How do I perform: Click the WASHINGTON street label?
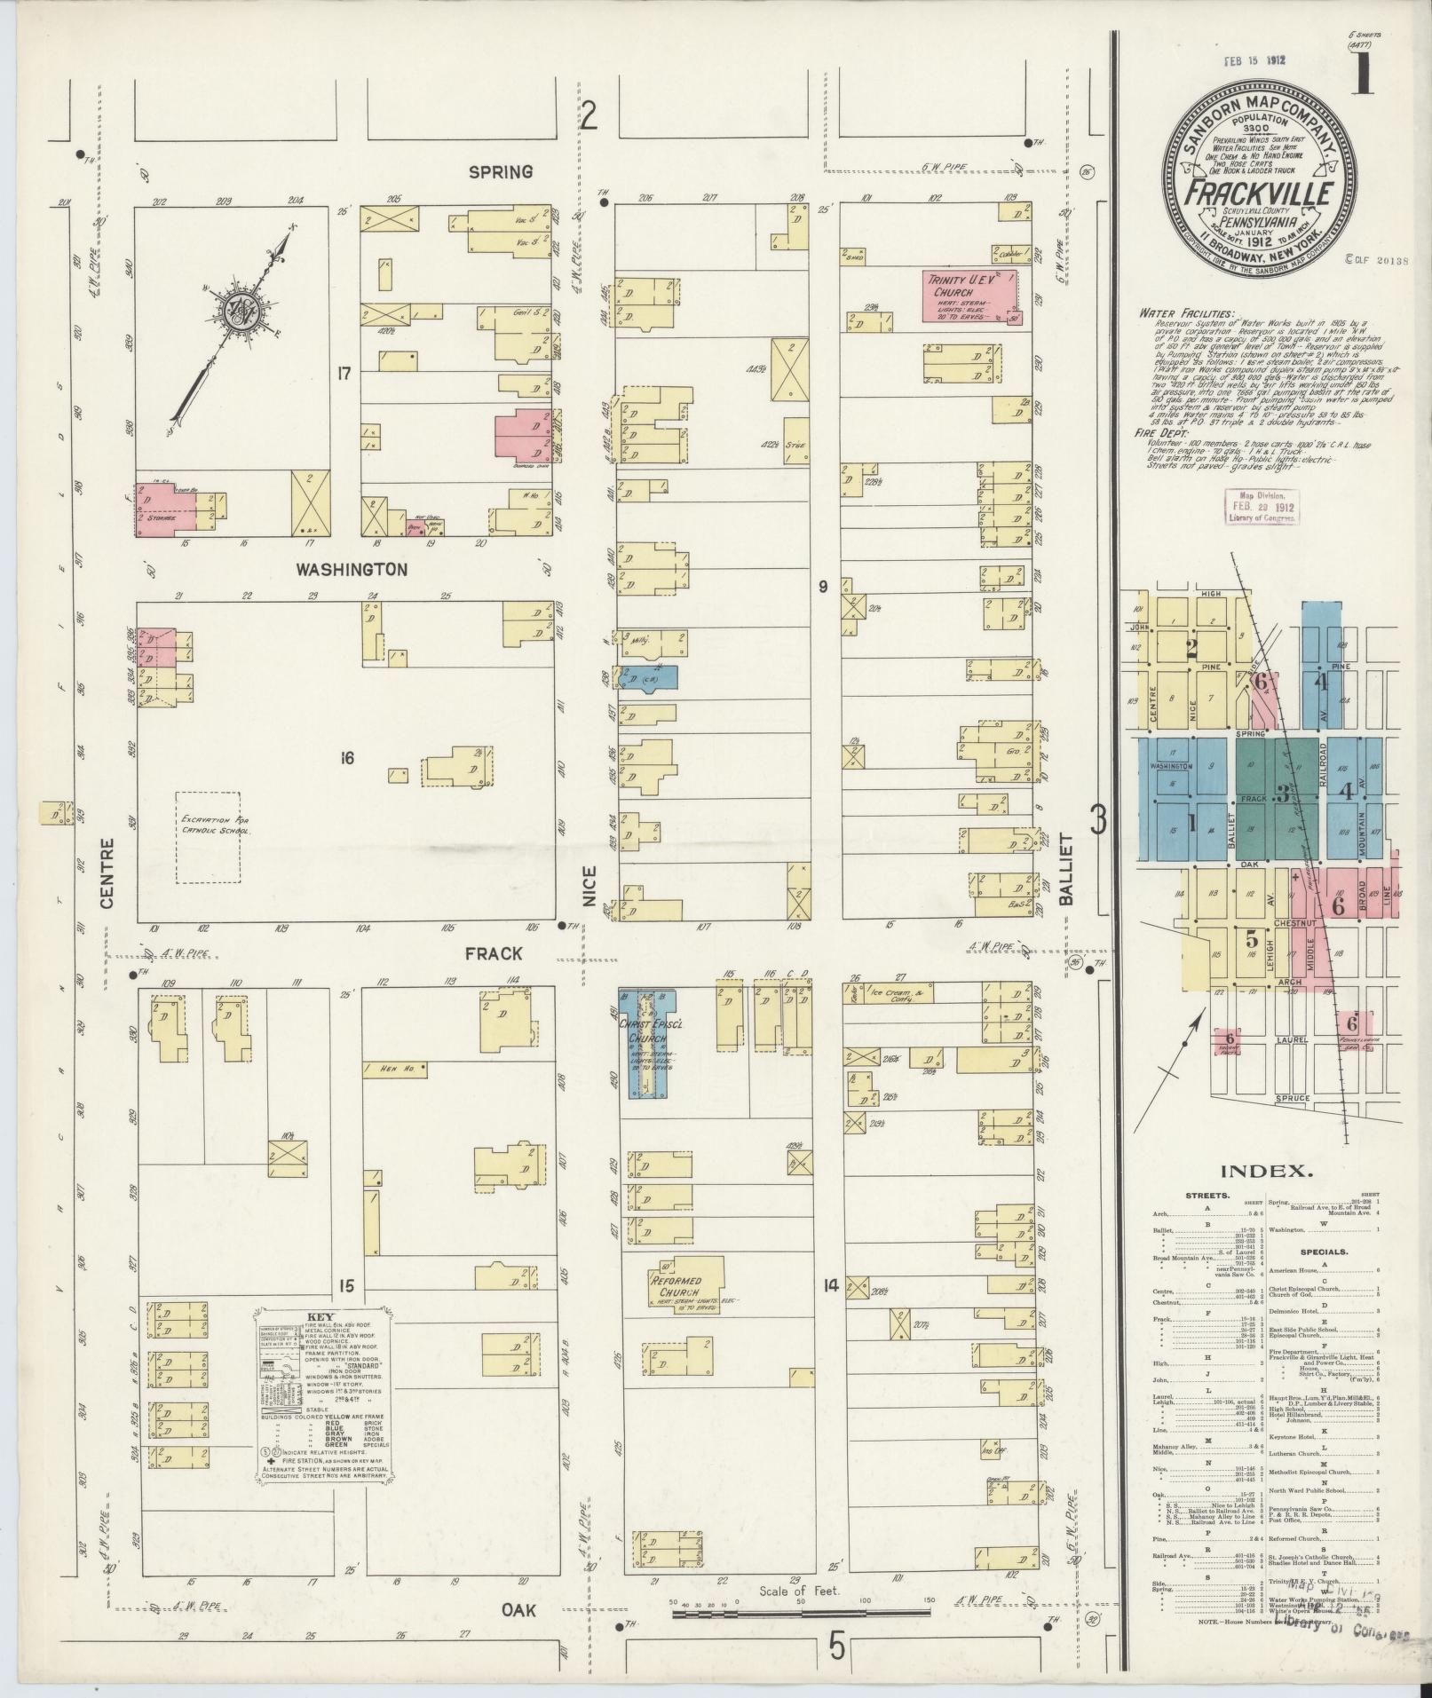click(352, 569)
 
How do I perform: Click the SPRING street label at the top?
click(501, 171)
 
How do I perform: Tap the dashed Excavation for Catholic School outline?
click(208, 837)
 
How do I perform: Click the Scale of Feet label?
click(793, 1591)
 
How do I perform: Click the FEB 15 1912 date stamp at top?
click(1254, 60)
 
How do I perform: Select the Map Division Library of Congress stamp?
click(1262, 505)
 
